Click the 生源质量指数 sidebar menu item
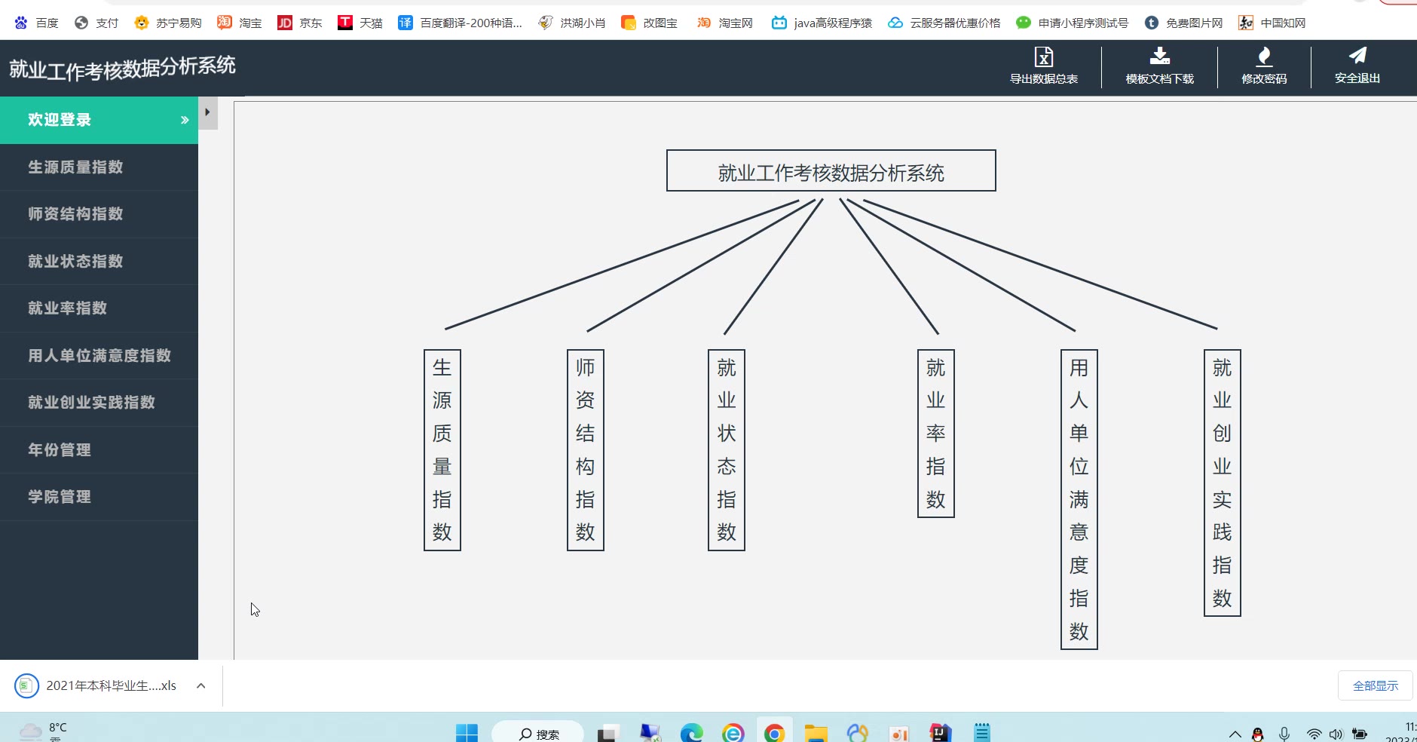click(x=75, y=167)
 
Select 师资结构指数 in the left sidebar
click(x=75, y=214)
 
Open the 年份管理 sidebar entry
click(x=60, y=449)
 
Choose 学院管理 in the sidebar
click(x=60, y=497)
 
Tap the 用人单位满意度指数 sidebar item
click(x=99, y=355)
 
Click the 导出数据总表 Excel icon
click(x=1044, y=57)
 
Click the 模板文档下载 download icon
click(x=1160, y=56)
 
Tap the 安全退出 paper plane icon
click(x=1357, y=55)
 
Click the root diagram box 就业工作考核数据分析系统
click(x=831, y=170)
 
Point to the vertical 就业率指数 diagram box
click(x=936, y=434)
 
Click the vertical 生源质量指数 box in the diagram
click(x=442, y=450)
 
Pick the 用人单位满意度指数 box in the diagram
click(x=1079, y=499)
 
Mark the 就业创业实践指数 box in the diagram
click(x=1223, y=483)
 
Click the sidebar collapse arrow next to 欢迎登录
click(x=208, y=112)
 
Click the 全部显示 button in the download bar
click(x=1376, y=685)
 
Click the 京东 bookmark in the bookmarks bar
click(x=300, y=23)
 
